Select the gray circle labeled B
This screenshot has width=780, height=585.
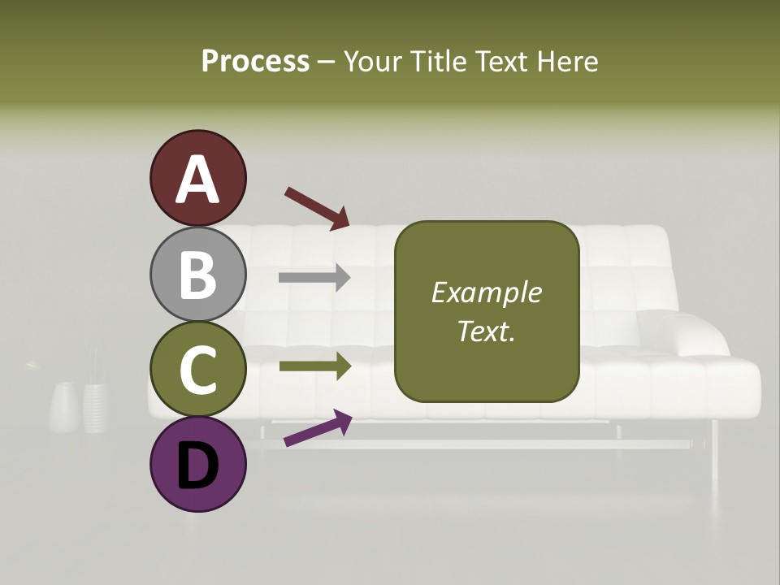197,274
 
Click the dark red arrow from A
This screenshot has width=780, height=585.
317,208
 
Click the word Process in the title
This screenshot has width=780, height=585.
255,61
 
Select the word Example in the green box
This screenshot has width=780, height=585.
486,292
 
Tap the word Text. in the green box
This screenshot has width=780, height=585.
486,331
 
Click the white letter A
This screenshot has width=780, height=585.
197,180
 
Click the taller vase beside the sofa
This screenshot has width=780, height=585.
96,405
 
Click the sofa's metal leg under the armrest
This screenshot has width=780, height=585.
714,447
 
